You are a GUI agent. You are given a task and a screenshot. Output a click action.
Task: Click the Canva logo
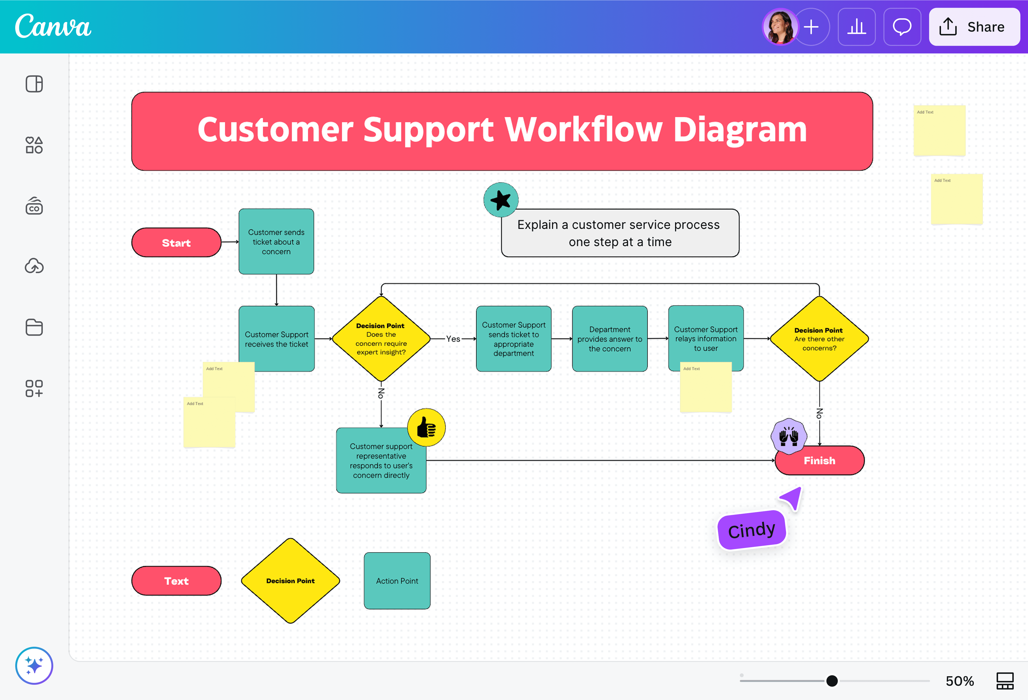click(53, 27)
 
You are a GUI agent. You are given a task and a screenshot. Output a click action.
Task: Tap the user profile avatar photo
click(780, 27)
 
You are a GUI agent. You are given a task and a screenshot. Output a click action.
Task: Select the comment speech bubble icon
click(902, 27)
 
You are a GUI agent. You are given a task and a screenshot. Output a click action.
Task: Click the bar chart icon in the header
click(856, 27)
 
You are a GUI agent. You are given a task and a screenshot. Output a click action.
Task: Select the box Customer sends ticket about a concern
click(276, 241)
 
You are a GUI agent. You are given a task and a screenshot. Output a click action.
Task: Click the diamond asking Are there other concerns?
click(819, 339)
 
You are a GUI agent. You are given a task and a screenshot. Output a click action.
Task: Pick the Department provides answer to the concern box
click(610, 339)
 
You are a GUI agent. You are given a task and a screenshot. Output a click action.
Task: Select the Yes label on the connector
click(453, 339)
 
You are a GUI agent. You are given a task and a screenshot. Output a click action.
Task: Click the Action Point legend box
click(397, 581)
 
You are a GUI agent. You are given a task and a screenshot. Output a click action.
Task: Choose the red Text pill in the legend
click(176, 581)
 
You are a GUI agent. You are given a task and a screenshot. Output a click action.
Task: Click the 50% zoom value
click(960, 681)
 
